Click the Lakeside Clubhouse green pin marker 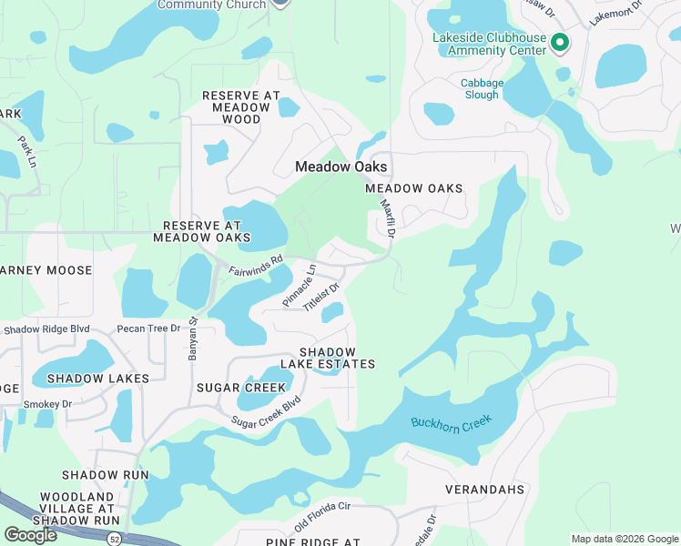point(561,42)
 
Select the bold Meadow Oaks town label point(341,167)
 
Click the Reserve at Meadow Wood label point(236,106)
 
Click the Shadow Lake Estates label point(340,358)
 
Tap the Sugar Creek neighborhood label point(229,388)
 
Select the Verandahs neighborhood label point(484,490)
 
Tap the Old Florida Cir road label point(322,516)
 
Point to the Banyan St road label point(193,338)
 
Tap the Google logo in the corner point(30,535)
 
